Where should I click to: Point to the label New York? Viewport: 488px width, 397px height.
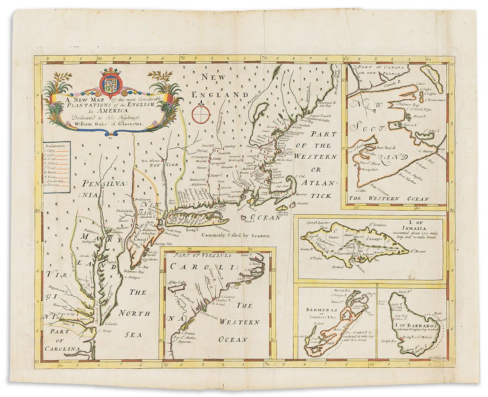[163, 165]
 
